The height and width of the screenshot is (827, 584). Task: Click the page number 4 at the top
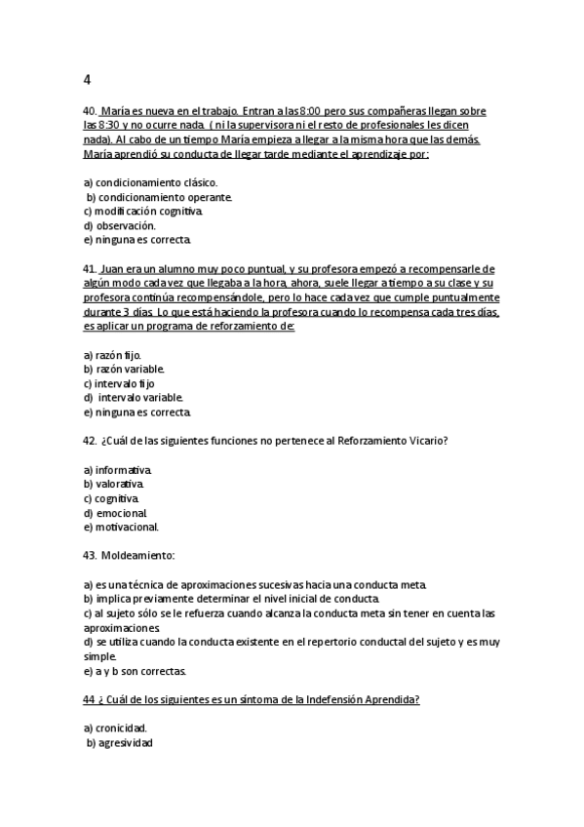pyautogui.click(x=88, y=80)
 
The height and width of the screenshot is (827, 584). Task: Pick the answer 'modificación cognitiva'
pyautogui.click(x=148, y=211)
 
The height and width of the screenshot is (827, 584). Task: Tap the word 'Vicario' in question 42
pyautogui.click(x=426, y=441)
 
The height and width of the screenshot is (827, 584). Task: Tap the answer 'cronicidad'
pyautogui.click(x=121, y=729)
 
